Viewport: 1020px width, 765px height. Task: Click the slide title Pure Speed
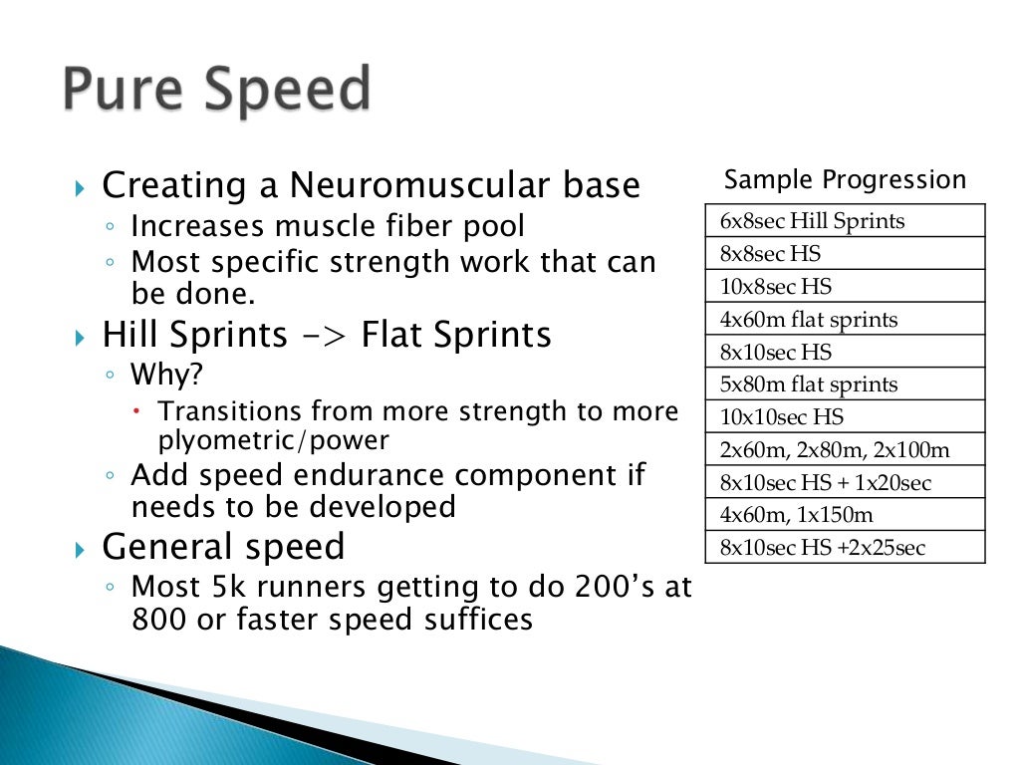coord(216,92)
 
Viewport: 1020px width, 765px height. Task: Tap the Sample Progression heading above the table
coord(845,180)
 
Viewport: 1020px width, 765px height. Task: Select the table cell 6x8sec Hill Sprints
coord(812,221)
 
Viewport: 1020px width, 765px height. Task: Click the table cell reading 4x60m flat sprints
coord(808,320)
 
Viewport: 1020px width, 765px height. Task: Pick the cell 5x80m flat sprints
coord(808,384)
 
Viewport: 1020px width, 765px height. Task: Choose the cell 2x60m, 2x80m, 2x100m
coord(835,450)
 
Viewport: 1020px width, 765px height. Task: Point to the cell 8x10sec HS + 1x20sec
coord(825,483)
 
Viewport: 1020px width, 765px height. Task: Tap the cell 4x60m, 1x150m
coord(797,516)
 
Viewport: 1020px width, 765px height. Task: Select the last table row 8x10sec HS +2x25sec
coord(822,548)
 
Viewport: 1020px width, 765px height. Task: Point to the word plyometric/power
coord(274,439)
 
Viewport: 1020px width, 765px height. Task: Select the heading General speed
coord(224,547)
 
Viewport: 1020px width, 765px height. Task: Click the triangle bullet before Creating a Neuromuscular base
coord(82,187)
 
